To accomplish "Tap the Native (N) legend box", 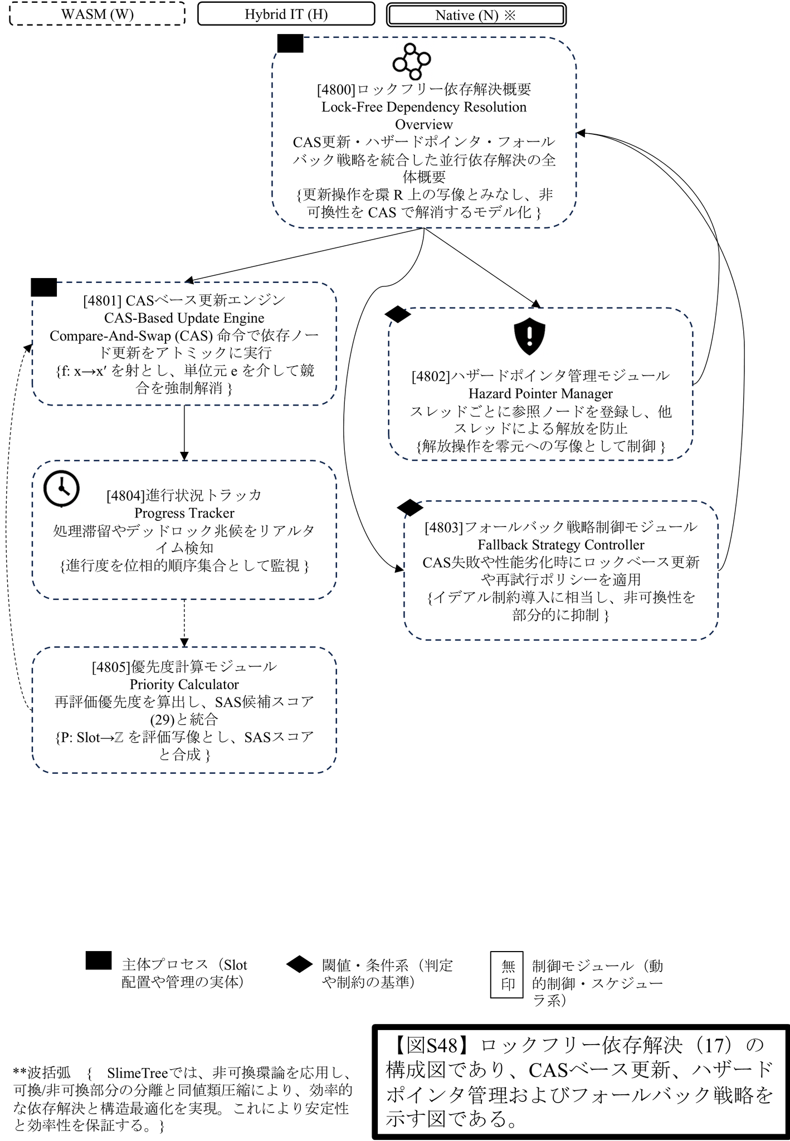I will click(x=476, y=15).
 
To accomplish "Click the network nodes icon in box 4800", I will click(x=411, y=61).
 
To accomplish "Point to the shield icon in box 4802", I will click(x=529, y=337).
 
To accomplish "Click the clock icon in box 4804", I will click(x=61, y=489).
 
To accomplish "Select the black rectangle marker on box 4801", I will click(x=43, y=287).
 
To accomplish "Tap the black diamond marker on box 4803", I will click(x=409, y=507).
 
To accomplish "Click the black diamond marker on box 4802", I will click(x=398, y=314).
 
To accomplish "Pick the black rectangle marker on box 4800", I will click(x=290, y=43).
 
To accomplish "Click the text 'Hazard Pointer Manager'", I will click(x=540, y=394).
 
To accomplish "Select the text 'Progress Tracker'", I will click(x=184, y=513).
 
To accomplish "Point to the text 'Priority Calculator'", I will click(x=184, y=685).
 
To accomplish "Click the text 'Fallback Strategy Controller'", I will click(x=560, y=545).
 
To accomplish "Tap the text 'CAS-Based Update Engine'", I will click(x=184, y=318).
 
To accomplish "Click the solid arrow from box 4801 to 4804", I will click(x=184, y=432).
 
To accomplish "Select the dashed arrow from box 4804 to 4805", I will click(x=184, y=622).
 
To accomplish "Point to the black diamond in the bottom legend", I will click(x=299, y=964).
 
